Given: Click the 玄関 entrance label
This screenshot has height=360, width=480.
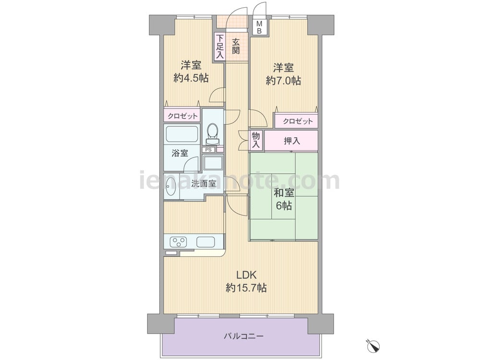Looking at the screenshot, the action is (x=235, y=46).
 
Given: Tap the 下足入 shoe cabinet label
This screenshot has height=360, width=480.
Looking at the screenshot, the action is (x=220, y=46).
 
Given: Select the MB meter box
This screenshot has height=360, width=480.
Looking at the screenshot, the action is (x=259, y=27).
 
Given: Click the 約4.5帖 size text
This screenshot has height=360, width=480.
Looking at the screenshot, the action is (x=191, y=78).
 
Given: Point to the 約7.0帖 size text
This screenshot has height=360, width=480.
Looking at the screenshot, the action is (x=284, y=81).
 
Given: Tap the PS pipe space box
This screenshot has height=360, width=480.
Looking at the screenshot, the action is (x=209, y=150).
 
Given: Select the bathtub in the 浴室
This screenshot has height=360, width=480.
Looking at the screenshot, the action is (x=181, y=134).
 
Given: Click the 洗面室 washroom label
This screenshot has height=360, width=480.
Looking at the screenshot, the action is (x=204, y=184).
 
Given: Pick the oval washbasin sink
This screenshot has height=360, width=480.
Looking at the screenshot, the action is (x=170, y=187).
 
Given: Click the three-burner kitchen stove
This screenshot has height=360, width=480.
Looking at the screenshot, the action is (x=179, y=242).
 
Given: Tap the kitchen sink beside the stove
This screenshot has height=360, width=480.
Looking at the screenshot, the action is (x=206, y=242).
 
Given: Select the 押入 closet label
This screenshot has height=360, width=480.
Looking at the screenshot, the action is (x=292, y=141).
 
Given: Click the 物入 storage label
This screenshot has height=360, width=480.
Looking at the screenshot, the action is (x=256, y=141).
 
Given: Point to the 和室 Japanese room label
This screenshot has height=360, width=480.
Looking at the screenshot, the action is (x=284, y=193).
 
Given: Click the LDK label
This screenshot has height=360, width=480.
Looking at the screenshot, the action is (x=246, y=275).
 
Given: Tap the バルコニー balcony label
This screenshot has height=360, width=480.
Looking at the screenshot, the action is (x=244, y=336).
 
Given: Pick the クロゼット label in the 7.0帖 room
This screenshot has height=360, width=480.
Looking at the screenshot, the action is (x=298, y=121).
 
